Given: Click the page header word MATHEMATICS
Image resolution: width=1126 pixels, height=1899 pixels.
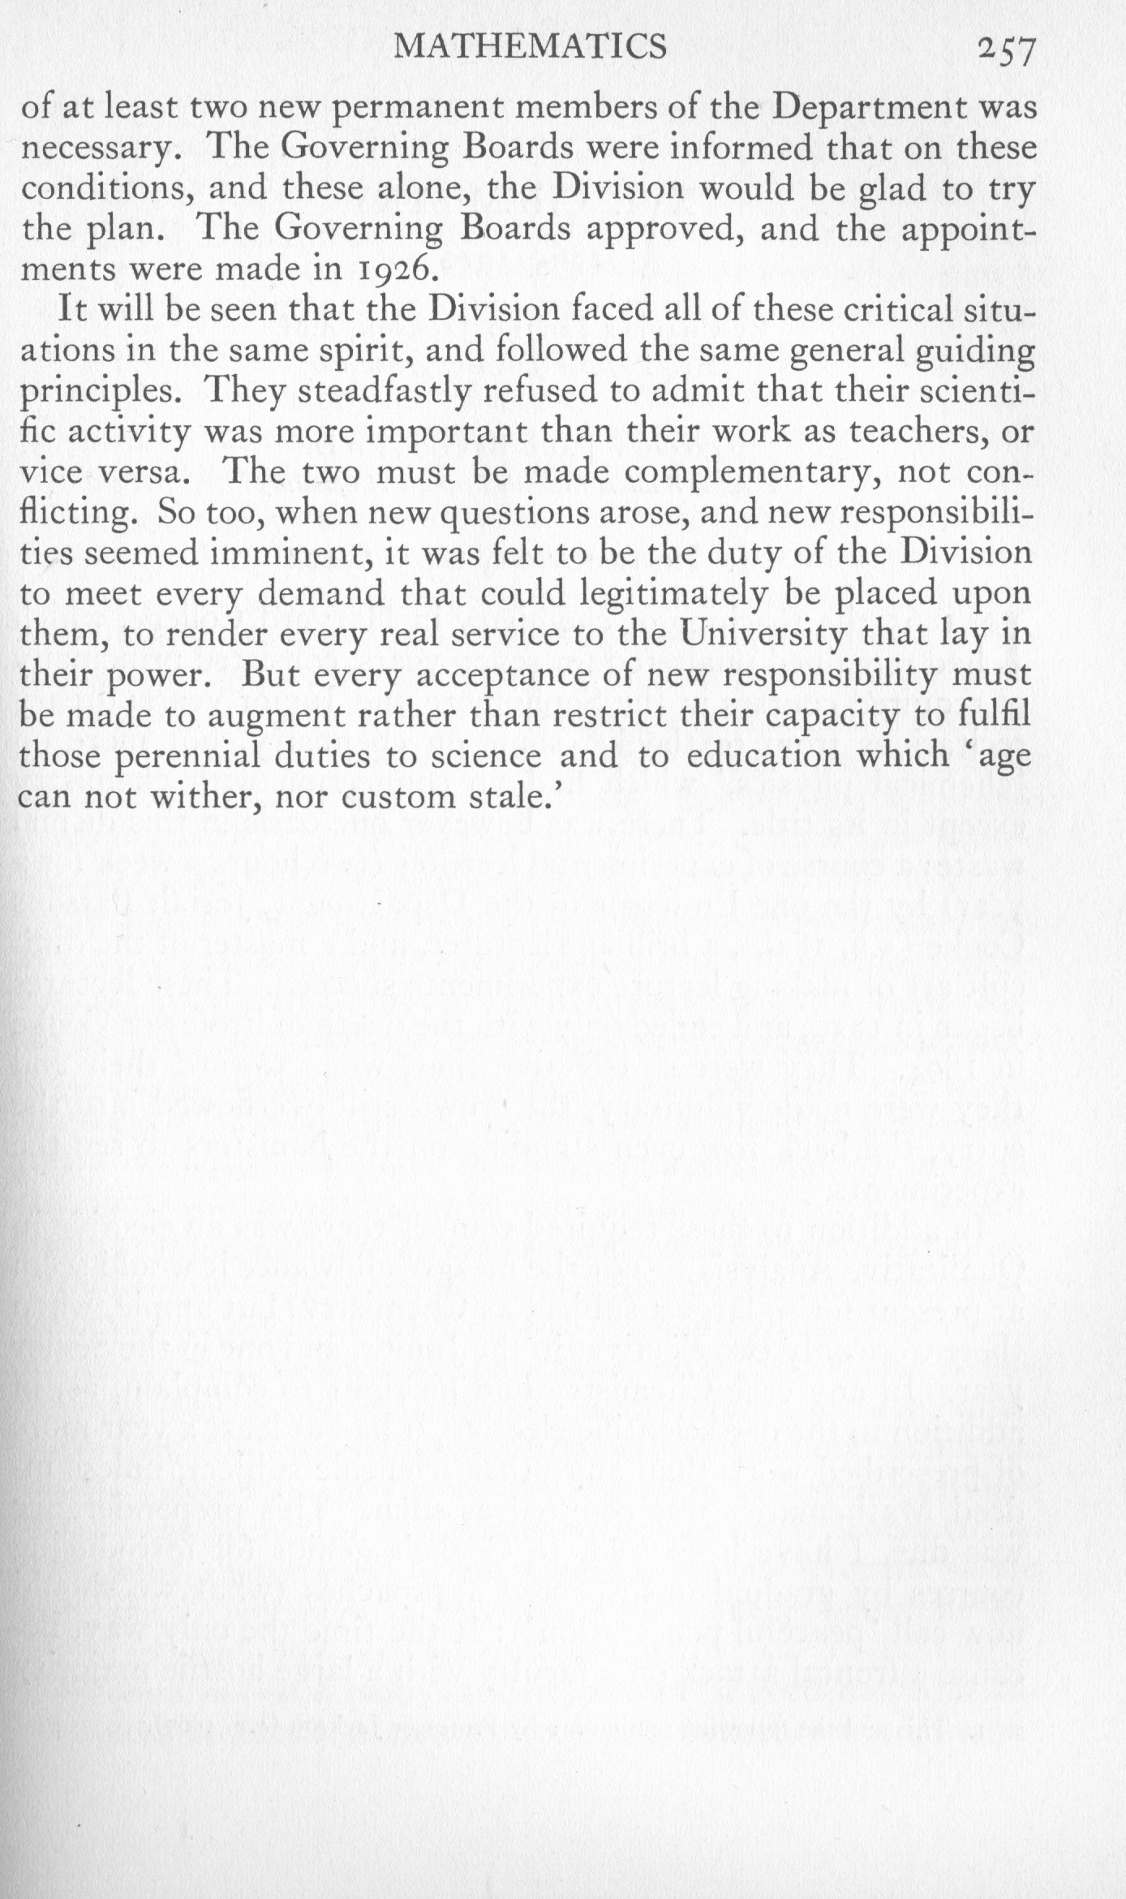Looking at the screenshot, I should pos(529,49).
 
